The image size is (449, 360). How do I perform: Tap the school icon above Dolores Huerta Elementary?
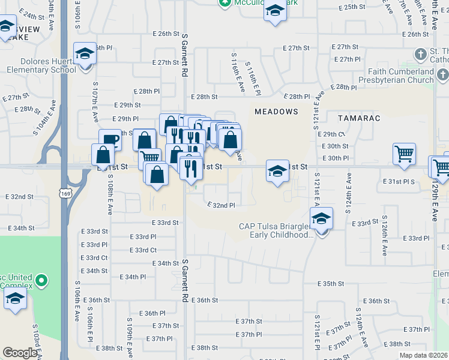(x=85, y=54)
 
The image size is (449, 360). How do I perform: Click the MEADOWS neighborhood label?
(x=276, y=112)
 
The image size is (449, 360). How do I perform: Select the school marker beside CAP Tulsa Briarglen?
(x=321, y=218)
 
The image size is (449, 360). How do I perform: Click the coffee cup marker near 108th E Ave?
(x=110, y=141)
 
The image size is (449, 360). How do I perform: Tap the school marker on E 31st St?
(x=277, y=172)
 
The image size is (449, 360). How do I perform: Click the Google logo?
(x=20, y=353)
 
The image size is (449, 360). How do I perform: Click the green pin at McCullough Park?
(x=225, y=3)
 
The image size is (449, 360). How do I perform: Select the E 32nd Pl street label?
(x=220, y=205)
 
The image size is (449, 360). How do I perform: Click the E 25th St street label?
(x=352, y=8)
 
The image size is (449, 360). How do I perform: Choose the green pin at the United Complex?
(x=41, y=280)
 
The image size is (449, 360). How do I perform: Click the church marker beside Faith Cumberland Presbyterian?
(x=442, y=75)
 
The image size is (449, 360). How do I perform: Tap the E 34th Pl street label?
(x=133, y=277)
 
